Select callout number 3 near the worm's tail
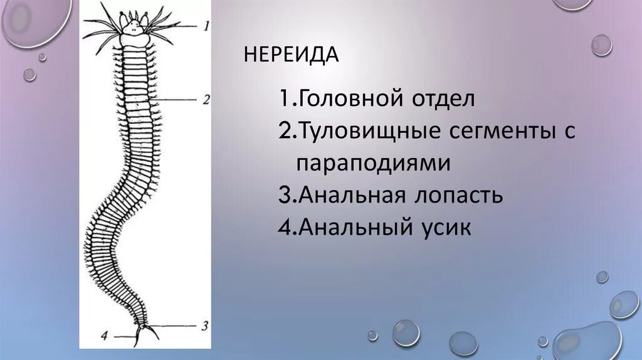click(x=204, y=326)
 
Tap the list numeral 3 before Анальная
click(x=285, y=195)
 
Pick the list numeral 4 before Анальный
click(x=285, y=227)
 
